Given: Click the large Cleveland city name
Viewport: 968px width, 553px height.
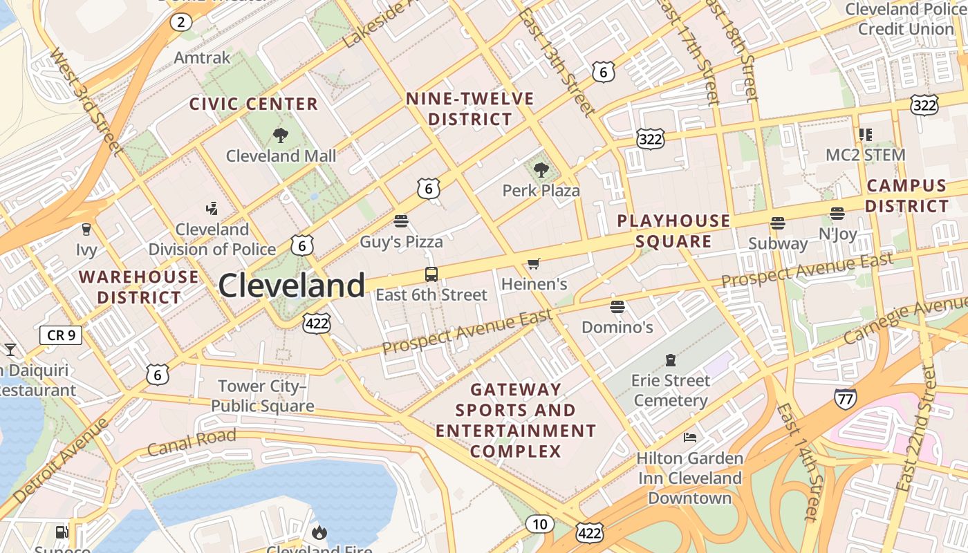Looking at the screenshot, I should tap(292, 285).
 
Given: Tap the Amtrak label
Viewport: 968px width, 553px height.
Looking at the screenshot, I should tap(202, 57).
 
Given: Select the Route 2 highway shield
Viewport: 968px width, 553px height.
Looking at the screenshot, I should tap(180, 22).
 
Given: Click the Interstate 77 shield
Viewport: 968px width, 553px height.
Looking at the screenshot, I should tap(845, 397).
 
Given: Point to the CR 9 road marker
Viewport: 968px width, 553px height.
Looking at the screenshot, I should tap(61, 336).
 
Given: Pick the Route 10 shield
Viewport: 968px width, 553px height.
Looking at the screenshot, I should tap(539, 524).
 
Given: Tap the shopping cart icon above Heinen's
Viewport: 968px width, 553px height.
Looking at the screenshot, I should tap(533, 263).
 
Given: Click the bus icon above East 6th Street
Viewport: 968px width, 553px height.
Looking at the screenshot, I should tap(431, 274).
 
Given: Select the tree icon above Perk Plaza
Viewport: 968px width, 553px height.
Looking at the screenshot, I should tap(541, 169).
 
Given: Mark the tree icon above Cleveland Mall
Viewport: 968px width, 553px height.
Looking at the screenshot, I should tap(280, 135).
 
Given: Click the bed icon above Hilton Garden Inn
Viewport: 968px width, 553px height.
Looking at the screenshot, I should tap(689, 437).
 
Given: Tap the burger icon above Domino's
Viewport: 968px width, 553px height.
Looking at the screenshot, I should tap(617, 306).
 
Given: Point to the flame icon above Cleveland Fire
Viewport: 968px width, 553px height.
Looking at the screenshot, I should tap(319, 532).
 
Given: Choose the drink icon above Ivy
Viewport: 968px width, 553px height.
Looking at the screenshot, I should tap(86, 229).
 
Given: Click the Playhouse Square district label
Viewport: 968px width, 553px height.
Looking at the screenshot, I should tap(673, 231).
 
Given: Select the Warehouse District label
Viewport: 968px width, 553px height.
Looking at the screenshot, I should tap(138, 287).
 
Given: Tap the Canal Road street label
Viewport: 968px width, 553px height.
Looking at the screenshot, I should tap(192, 442).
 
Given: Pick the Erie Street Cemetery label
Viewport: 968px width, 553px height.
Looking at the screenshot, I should tap(670, 391).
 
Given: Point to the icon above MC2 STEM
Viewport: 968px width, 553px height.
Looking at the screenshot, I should tap(865, 134).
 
